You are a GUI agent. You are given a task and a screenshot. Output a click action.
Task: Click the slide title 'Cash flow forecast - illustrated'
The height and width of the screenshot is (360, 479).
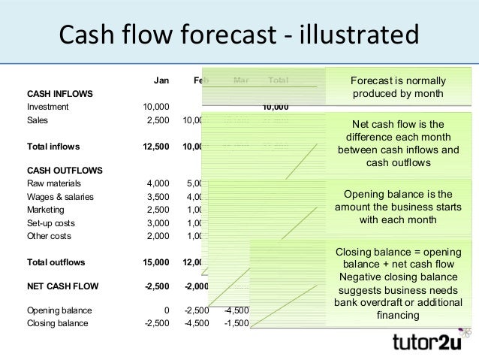pyautogui.click(x=239, y=35)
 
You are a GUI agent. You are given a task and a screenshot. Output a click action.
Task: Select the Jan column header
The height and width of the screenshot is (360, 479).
pyautogui.click(x=161, y=80)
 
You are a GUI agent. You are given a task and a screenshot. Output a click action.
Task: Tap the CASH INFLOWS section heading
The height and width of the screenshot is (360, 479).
pyautogui.click(x=60, y=94)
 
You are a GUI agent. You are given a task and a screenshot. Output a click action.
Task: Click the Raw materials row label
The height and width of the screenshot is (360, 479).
pyautogui.click(x=54, y=183)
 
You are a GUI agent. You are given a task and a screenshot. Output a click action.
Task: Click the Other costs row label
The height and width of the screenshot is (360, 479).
pyautogui.click(x=50, y=235)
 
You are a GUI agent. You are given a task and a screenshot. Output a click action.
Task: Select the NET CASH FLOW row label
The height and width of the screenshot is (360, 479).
pyautogui.click(x=62, y=286)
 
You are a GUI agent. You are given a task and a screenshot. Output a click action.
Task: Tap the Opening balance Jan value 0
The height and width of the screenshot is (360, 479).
pyautogui.click(x=167, y=310)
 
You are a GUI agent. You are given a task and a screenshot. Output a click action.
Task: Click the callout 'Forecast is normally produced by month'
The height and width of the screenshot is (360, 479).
pyautogui.click(x=398, y=87)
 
